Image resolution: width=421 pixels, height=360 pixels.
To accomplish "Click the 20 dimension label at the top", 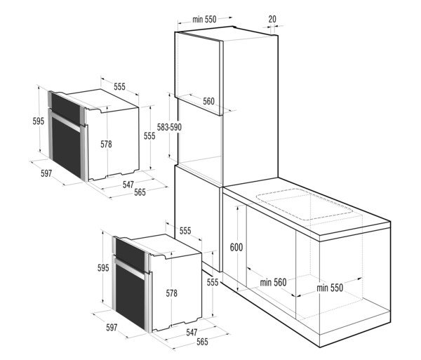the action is coord(272,20).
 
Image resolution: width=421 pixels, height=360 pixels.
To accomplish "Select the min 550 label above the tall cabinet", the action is coord(204,20).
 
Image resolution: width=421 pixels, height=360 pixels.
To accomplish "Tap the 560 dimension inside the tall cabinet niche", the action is coord(208,102).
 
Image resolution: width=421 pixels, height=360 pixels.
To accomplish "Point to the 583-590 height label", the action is coord(169,127).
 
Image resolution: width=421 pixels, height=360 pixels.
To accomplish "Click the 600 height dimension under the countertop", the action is coord(236,247).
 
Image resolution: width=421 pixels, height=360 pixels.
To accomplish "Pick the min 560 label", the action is coord(273,282).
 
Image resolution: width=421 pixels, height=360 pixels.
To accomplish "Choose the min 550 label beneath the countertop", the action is coord(330,288).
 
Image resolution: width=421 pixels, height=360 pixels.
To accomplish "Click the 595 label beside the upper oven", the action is coord(39,121).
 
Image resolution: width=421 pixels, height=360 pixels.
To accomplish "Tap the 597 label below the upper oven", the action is coord(46,173).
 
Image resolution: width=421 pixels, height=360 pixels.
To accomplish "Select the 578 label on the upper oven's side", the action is coord(106,145).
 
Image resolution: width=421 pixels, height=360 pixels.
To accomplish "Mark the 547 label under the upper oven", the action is coord(128,185).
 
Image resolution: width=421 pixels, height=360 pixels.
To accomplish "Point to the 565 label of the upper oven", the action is coord(140,192).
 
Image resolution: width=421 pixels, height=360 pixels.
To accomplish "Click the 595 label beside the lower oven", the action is coord(103,268).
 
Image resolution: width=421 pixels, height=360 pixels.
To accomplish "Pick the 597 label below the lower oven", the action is coord(112,328).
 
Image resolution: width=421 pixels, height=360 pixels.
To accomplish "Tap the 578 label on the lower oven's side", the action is coord(171,293).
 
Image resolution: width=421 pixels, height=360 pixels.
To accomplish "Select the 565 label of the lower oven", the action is coord(202,342).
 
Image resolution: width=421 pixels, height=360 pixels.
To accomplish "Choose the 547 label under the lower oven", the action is coord(192,333).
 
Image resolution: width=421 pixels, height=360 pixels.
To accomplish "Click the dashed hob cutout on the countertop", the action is coord(305,204).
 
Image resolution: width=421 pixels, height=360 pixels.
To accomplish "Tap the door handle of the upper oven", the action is coord(65,121).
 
